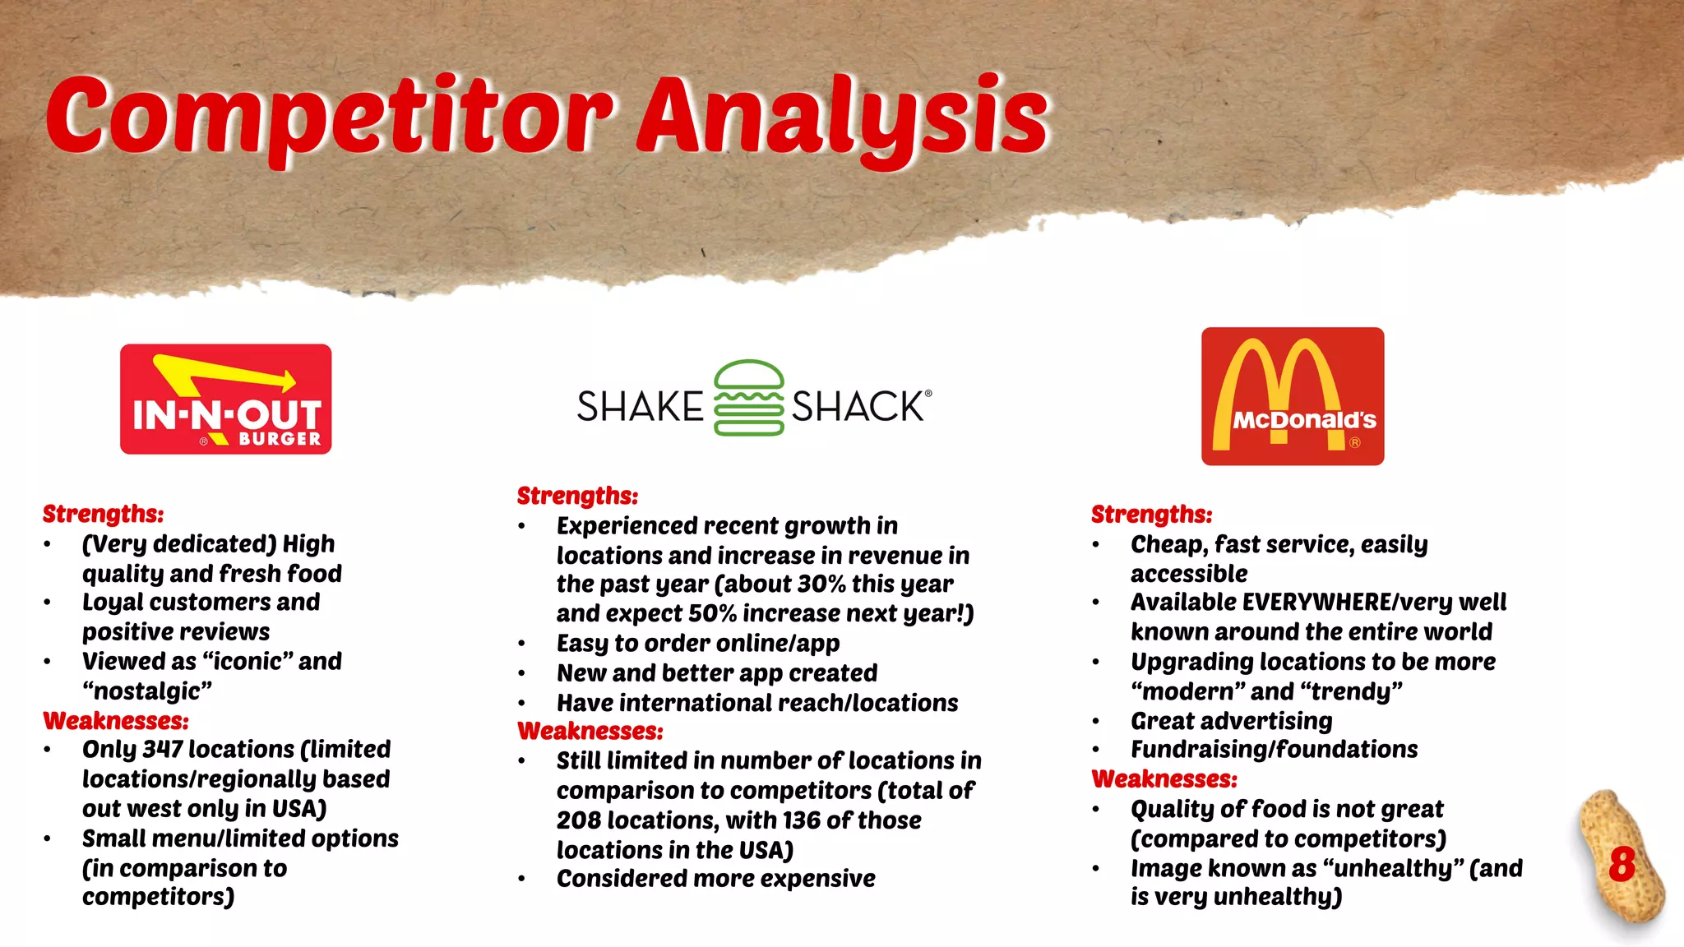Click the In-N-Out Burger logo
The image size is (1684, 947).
coord(225,400)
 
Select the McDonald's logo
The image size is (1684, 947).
coord(1293,396)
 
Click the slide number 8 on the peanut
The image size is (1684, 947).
coord(1622,864)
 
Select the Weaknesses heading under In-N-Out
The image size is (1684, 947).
coord(116,721)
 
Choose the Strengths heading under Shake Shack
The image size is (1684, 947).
coord(577,496)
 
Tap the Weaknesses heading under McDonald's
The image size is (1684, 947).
coord(1164,778)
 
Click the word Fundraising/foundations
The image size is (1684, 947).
coord(1274,750)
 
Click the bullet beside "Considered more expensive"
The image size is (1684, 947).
coord(521,879)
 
